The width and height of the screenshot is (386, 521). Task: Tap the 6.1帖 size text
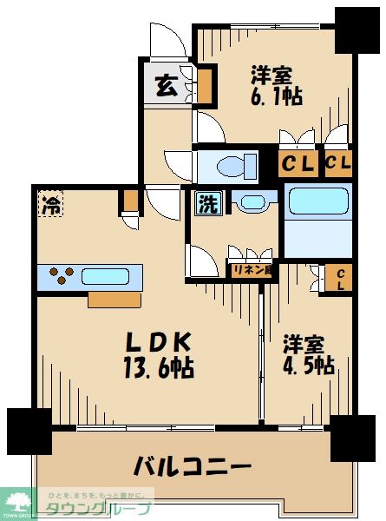pyautogui.click(x=277, y=96)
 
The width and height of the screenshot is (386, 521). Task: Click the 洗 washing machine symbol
pyautogui.click(x=208, y=203)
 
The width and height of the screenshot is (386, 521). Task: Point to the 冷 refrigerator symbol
pyautogui.click(x=51, y=206)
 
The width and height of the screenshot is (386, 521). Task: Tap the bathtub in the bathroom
pyautogui.click(x=317, y=201)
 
